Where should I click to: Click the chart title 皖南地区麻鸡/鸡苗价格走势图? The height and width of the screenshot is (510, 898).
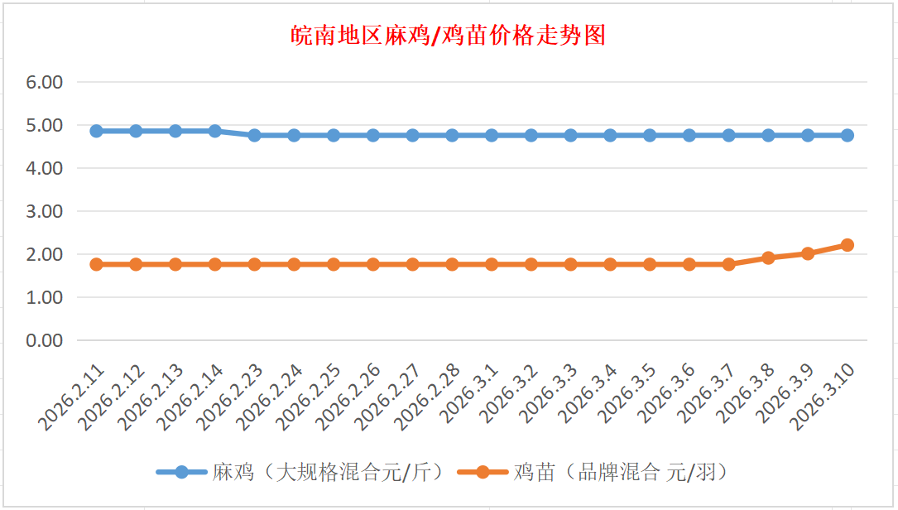(x=449, y=36)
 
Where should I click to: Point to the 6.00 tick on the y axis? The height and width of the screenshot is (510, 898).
(x=45, y=83)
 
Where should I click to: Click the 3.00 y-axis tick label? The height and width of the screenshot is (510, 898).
(x=45, y=211)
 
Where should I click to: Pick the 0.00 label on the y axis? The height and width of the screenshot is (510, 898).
(x=45, y=340)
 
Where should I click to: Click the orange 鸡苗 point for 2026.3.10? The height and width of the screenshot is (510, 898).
(x=847, y=245)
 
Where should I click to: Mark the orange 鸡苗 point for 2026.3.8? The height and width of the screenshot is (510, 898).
(x=768, y=257)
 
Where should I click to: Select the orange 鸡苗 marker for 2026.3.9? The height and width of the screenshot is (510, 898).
(x=808, y=253)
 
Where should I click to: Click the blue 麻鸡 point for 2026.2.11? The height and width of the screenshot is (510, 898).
(x=96, y=131)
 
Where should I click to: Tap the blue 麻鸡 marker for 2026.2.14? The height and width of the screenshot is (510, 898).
(x=215, y=131)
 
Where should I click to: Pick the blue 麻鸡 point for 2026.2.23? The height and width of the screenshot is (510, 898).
(x=254, y=135)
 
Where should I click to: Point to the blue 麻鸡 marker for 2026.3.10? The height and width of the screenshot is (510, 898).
(x=847, y=135)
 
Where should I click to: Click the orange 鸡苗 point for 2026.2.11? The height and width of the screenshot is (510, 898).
(x=96, y=264)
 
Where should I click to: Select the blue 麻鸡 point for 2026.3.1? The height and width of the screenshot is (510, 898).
(x=492, y=135)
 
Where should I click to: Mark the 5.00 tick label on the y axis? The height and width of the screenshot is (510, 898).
(x=45, y=126)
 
